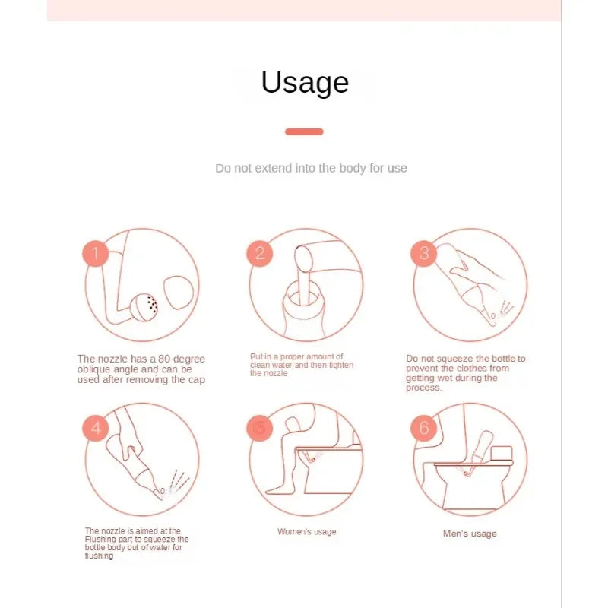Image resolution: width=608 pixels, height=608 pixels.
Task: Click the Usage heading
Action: (305, 83)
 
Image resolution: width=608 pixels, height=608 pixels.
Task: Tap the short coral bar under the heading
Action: (304, 131)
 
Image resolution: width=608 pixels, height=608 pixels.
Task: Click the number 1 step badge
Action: (96, 254)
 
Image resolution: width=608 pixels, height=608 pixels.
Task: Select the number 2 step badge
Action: (260, 254)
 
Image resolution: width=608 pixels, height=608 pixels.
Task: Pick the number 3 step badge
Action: (424, 254)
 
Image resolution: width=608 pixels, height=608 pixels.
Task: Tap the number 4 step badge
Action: (96, 428)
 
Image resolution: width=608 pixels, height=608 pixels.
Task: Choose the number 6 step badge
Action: (424, 428)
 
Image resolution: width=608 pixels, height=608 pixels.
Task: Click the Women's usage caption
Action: (307, 531)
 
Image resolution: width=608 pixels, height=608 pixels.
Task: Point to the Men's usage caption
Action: (470, 534)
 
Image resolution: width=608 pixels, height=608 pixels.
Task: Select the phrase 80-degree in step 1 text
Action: (182, 359)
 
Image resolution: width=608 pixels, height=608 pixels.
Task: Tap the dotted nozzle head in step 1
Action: (144, 307)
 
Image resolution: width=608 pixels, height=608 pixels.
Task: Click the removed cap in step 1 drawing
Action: (179, 293)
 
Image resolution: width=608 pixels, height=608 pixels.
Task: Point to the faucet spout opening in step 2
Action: (303, 259)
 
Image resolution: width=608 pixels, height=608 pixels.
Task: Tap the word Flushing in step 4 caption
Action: (98, 540)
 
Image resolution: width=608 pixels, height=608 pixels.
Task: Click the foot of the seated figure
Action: (278, 489)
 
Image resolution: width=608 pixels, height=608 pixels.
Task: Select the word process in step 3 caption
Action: (423, 388)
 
